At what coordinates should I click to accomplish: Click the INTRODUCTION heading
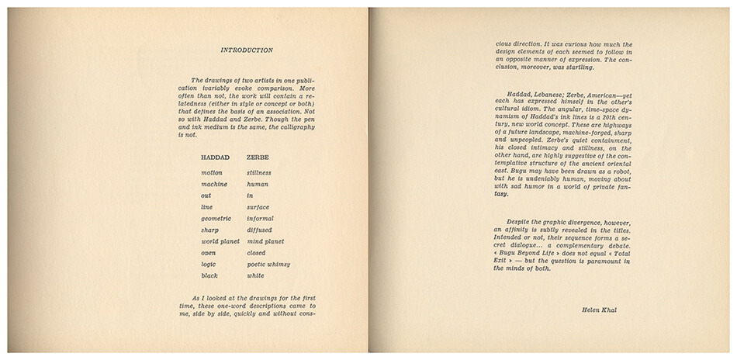[x=247, y=50]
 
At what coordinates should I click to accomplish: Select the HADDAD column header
[x=216, y=157]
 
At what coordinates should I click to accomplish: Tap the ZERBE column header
[x=259, y=157]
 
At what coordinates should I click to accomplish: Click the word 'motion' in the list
[x=212, y=172]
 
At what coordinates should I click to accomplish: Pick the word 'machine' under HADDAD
[x=214, y=184]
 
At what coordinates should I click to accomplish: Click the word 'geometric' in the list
[x=216, y=219]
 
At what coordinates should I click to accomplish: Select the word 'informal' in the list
[x=261, y=219]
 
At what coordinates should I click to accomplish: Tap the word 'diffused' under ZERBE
[x=260, y=230]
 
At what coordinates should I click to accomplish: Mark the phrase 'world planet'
[x=220, y=241]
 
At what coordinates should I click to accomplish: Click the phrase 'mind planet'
[x=265, y=241]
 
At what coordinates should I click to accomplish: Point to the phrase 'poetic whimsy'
[x=268, y=264]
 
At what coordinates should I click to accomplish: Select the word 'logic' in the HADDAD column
[x=209, y=264]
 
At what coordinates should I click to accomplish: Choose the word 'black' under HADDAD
[x=210, y=275]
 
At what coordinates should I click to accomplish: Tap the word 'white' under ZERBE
[x=255, y=275]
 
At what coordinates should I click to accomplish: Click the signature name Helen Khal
[x=597, y=310]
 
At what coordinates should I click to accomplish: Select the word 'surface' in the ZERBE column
[x=259, y=207]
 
